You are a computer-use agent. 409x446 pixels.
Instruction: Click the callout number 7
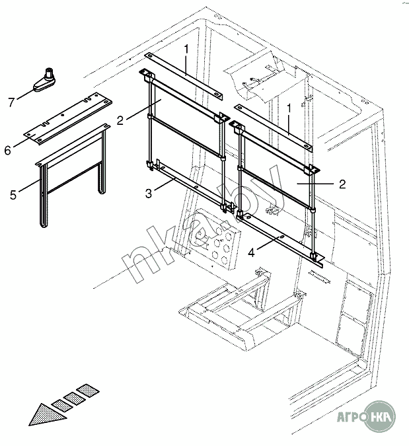[x=11, y=102]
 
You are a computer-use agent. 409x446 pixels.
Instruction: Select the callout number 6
[x=8, y=150]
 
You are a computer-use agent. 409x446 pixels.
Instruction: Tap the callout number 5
[x=13, y=195]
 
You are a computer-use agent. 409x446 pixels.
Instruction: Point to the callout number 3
[x=149, y=194]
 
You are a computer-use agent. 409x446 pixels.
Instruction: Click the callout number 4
[x=251, y=252]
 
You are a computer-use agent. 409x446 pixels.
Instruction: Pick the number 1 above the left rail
[x=186, y=50]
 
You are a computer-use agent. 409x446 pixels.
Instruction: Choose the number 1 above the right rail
[x=289, y=108]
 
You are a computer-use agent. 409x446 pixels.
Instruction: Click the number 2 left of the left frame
[x=120, y=120]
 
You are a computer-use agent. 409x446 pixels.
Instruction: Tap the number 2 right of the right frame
[x=342, y=184]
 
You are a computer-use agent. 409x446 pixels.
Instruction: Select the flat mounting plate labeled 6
[x=67, y=118]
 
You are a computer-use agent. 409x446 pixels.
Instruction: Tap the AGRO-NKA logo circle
[x=380, y=417]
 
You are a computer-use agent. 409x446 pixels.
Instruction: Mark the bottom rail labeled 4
[x=280, y=239]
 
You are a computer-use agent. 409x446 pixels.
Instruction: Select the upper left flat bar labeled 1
[x=184, y=76]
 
